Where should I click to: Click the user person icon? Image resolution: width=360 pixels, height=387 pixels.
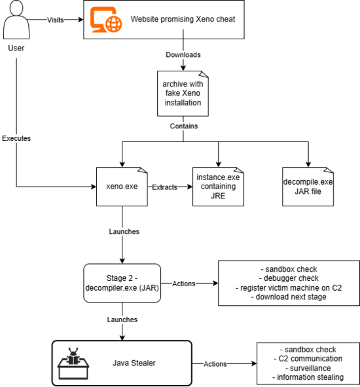(x=16, y=20)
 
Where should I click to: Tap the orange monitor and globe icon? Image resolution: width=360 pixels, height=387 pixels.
(x=106, y=20)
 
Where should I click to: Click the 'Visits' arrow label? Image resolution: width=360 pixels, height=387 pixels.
(x=55, y=20)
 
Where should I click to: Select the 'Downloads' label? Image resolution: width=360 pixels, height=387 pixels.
(x=183, y=55)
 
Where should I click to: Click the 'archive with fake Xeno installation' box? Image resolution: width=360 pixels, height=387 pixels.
(x=183, y=94)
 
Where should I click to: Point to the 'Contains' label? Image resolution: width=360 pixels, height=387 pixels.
(x=184, y=126)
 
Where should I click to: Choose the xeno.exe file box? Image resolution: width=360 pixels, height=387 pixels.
(x=122, y=187)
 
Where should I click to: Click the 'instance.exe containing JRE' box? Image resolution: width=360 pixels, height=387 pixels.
(x=218, y=187)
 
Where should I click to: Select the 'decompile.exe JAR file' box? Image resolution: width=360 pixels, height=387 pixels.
(x=308, y=187)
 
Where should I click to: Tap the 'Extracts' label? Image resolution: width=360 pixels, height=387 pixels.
(x=164, y=187)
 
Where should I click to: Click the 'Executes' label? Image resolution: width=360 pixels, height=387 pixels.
(x=16, y=138)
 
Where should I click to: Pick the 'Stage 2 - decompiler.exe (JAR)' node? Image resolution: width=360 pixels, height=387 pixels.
(x=122, y=283)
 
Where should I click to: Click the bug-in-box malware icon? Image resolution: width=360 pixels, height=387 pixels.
(x=73, y=363)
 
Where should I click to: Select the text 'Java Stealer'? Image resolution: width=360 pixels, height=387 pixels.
(x=134, y=363)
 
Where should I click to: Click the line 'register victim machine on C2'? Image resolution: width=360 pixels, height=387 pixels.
(x=289, y=287)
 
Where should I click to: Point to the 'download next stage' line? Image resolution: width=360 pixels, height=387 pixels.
(x=289, y=297)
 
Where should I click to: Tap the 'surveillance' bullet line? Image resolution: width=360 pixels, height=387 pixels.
(x=308, y=368)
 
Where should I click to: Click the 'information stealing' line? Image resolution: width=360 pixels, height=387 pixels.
(x=308, y=377)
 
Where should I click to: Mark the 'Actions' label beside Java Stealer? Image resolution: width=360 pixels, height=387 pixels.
(x=215, y=364)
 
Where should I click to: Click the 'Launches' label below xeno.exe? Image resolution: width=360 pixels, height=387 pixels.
(x=124, y=232)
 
